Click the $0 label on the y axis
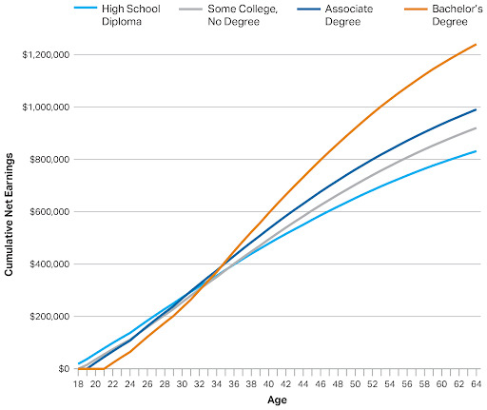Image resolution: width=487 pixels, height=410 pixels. (x=63, y=369)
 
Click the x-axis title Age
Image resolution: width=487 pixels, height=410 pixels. (x=277, y=400)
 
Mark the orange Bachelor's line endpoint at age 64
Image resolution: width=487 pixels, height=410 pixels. (x=476, y=45)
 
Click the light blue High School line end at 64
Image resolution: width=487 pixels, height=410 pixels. (x=476, y=151)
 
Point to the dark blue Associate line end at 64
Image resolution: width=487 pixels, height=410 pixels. (x=476, y=109)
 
